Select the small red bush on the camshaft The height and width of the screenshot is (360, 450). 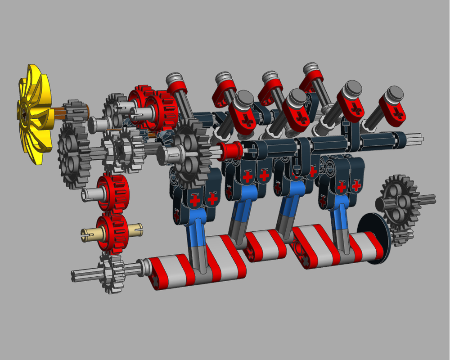pos(230,150)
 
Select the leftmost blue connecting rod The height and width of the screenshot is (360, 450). pos(196,225)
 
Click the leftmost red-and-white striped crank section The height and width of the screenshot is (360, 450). pos(171,272)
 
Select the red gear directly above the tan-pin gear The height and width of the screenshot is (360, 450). pos(111,191)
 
